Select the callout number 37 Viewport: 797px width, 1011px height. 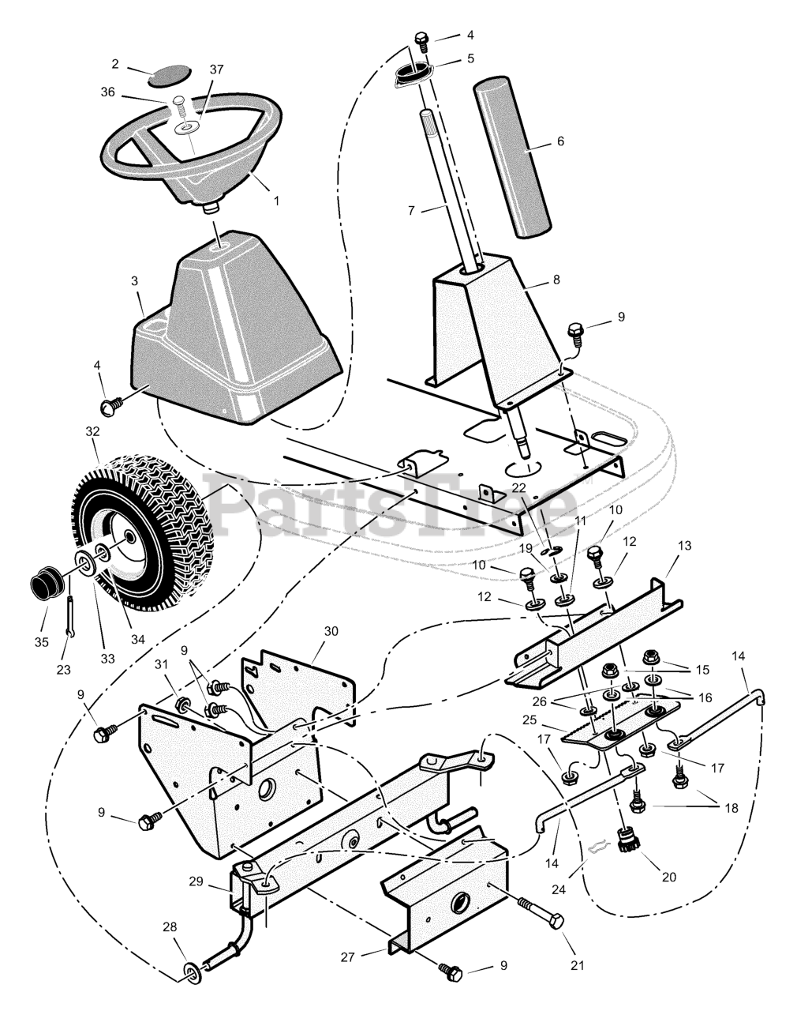click(x=195, y=70)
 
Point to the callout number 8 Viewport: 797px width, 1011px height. click(x=556, y=279)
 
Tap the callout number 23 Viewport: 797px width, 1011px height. click(x=63, y=670)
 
